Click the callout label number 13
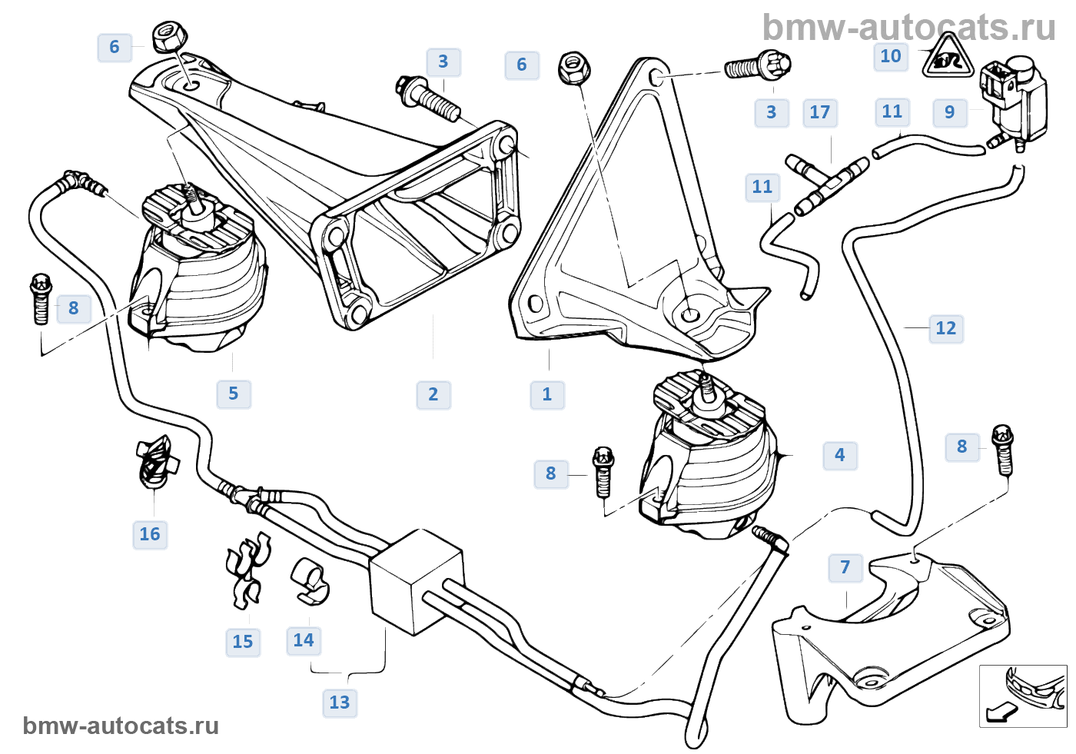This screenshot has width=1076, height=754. pos(340,703)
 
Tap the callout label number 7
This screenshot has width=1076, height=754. pos(845,568)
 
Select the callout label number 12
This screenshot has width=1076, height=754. pos(945,328)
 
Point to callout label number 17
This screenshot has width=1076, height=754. pos(819,112)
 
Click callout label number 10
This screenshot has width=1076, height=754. pos(891,56)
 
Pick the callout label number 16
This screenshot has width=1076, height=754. pos(150,534)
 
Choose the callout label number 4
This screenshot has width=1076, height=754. pos(839,455)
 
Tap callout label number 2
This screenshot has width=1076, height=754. pos(433,395)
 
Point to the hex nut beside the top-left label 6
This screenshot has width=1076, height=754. pos(169,36)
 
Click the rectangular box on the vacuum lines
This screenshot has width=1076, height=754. pos(416,582)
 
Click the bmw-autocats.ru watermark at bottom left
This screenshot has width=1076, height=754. pos(121,726)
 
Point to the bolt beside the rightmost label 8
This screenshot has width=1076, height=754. pos(1002,450)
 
